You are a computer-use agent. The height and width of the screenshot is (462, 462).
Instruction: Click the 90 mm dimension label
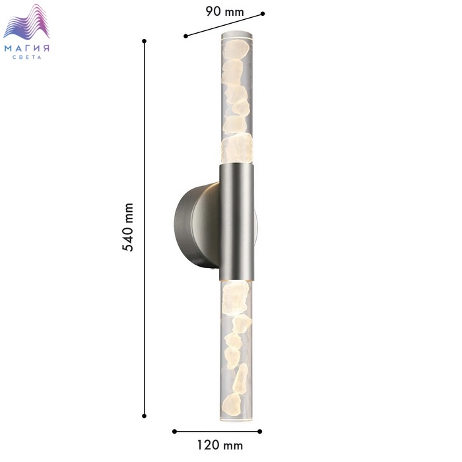point(224,12)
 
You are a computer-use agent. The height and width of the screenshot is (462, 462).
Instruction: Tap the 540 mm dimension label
point(127,227)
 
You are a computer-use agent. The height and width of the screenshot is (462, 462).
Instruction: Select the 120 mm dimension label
point(220,445)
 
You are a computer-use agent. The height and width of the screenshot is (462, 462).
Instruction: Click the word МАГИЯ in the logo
point(27,48)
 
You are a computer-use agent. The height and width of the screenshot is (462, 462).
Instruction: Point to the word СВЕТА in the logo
point(27,57)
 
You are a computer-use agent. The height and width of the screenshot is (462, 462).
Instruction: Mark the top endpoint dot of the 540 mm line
point(144,41)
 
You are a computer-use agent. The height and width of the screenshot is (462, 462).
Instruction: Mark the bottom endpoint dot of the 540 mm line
point(144,416)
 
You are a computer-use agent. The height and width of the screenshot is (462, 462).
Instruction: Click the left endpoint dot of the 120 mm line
point(174,432)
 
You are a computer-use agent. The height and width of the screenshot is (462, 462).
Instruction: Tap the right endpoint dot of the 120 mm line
point(259,432)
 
